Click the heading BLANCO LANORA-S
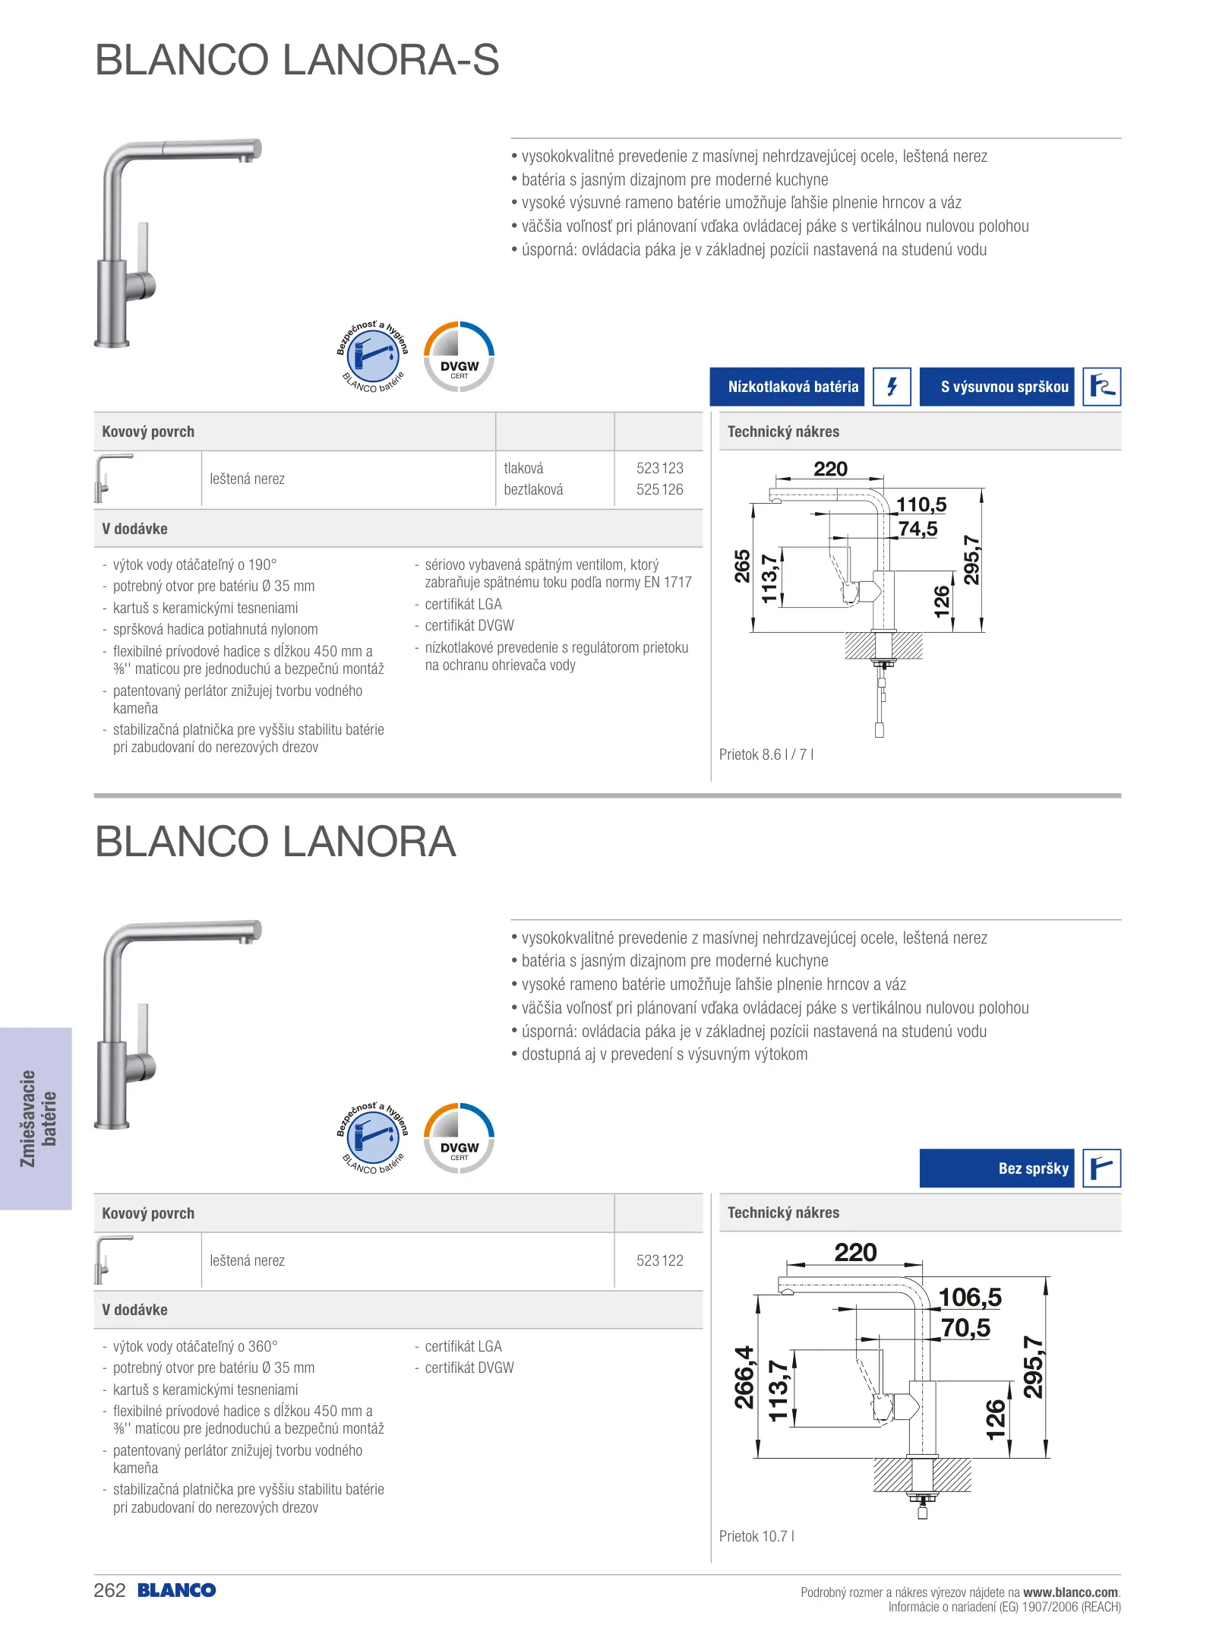[297, 60]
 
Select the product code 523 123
[659, 468]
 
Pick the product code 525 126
[659, 489]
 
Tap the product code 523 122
[659, 1260]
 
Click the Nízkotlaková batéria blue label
[787, 387]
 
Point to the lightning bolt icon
[892, 387]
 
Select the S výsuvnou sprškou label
[996, 387]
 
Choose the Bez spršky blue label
[996, 1168]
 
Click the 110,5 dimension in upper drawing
[921, 504]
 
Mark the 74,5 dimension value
[918, 529]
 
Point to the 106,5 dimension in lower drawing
[970, 1298]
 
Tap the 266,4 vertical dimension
[744, 1377]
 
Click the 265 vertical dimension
[742, 566]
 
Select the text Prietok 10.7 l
[756, 1536]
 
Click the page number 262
[109, 1591]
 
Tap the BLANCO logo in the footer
[177, 1591]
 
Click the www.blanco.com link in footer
[1070, 1592]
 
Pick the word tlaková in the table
[523, 468]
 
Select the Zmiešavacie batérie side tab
[37, 1118]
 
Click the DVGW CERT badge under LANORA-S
[459, 357]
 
